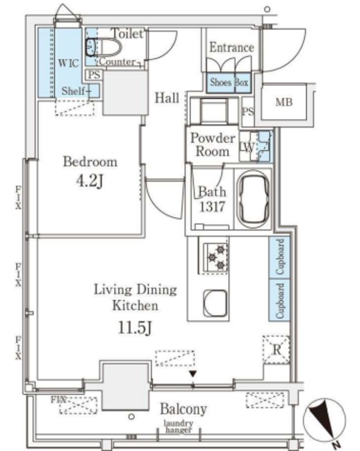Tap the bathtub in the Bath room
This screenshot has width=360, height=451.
coord(253,199)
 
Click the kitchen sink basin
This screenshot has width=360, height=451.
coord(216,303)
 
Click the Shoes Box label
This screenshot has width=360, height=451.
coord(228,82)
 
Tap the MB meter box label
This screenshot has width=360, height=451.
coord(284,102)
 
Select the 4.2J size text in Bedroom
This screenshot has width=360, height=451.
coord(89,181)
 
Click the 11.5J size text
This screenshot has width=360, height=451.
coord(135,328)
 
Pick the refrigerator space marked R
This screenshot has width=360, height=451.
coord(276,350)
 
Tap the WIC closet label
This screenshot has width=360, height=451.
coord(68,63)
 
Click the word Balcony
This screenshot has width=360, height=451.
coord(183,409)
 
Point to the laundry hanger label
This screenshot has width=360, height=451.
coord(178,426)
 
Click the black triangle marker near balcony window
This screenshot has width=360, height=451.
coord(192,374)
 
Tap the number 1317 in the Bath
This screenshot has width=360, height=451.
coord(212,206)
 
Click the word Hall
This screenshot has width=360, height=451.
coord(167,98)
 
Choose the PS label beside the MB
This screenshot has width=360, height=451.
coord(248,111)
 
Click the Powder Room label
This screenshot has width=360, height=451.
coord(213,144)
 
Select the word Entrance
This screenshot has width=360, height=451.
coord(232,47)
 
